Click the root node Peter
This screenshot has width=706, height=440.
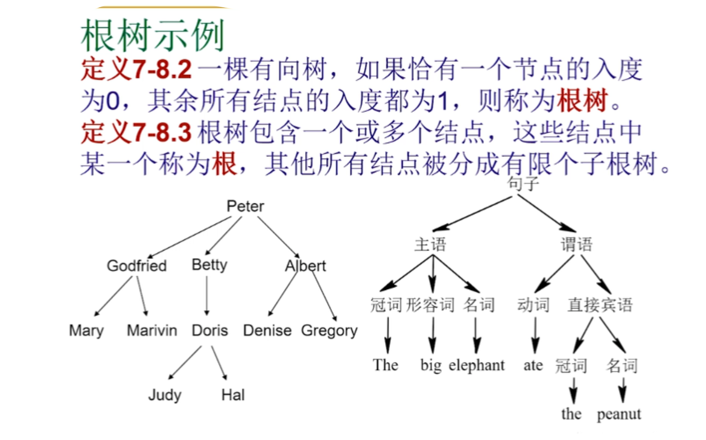[x=245, y=206]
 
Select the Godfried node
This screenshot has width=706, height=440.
[x=137, y=266]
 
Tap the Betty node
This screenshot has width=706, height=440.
[x=209, y=265]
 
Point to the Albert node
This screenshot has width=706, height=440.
[x=306, y=266]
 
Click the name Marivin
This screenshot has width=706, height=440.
[x=152, y=330]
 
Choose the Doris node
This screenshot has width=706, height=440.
[x=210, y=330]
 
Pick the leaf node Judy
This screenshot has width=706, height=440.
[x=165, y=395]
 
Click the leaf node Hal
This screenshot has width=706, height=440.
[x=233, y=395]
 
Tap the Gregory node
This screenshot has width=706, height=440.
[x=329, y=331]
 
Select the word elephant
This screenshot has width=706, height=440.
[x=476, y=365]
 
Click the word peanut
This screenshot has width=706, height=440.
[x=619, y=414]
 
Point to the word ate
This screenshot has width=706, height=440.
[x=533, y=365]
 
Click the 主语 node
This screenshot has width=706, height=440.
[x=431, y=245]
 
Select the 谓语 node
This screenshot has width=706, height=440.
[x=576, y=245]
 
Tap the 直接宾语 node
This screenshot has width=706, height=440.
[x=600, y=305]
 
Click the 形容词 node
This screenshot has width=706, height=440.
[x=430, y=305]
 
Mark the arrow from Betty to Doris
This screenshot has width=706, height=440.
[x=207, y=295]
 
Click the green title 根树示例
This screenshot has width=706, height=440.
[x=152, y=35]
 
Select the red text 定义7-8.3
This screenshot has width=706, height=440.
[x=136, y=132]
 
